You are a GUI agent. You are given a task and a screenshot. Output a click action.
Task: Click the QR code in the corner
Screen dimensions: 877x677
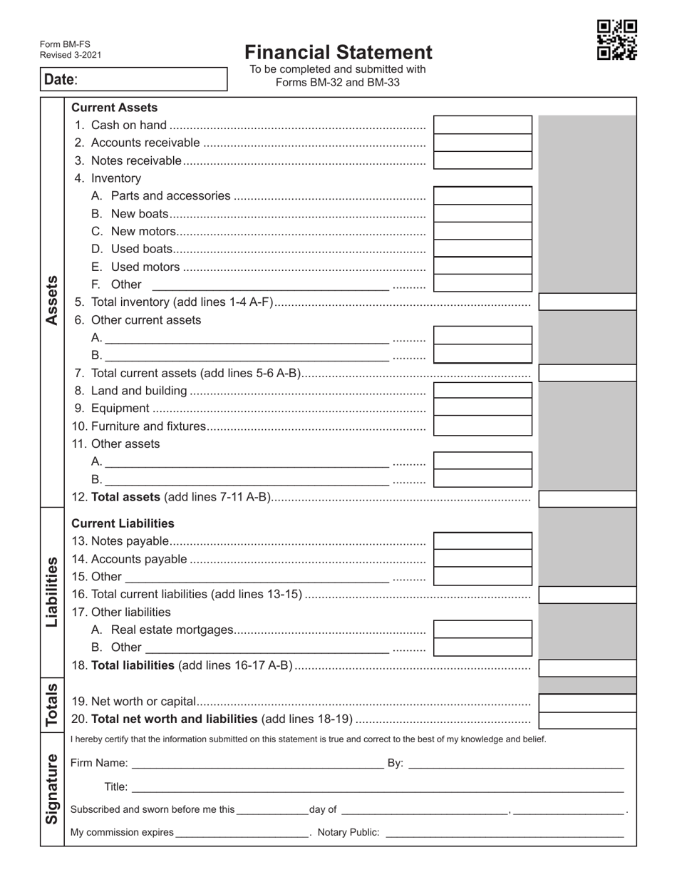pos(616,40)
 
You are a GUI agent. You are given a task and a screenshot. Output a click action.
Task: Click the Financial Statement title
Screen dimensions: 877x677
pos(338,53)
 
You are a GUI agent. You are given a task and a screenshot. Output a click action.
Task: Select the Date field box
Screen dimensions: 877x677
pos(133,79)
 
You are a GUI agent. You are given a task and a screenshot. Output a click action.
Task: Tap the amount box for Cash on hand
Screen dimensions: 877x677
pos(482,125)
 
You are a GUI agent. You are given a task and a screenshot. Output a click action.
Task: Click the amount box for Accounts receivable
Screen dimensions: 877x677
pos(482,143)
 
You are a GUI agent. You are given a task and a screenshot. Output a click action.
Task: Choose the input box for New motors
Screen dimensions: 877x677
pos(482,231)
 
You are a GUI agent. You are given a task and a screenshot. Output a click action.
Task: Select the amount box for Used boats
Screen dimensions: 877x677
pos(482,249)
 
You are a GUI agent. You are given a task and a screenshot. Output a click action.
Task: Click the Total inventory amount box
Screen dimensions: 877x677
pos(587,302)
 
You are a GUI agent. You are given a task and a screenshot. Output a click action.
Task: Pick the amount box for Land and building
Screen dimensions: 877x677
pos(482,391)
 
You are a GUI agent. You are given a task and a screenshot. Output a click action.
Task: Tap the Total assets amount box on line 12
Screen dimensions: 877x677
pos(587,498)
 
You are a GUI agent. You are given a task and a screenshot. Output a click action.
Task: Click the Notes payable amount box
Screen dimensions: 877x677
pos(482,541)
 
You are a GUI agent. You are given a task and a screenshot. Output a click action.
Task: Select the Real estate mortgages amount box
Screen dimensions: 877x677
pos(482,630)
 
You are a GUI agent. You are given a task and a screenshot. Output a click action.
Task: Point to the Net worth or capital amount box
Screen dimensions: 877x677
pos(587,702)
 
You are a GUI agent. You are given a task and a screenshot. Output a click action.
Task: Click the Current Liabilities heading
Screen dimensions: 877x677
pos(123,523)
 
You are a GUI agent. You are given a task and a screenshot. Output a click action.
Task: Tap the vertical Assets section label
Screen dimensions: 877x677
pos(52,300)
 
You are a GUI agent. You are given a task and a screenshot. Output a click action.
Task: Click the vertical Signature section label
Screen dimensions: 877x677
pos(52,789)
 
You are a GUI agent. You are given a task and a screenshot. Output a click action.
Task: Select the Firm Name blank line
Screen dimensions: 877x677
pos(257,764)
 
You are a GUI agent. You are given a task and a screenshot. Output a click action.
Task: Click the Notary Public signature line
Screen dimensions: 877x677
pos(505,833)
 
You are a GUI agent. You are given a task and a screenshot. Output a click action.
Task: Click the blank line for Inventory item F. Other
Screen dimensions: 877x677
pos(270,285)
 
